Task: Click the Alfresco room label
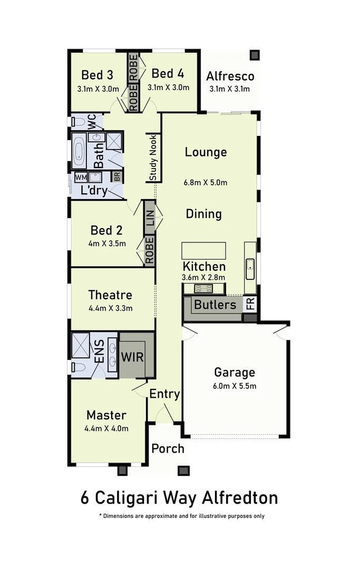coord(230,75)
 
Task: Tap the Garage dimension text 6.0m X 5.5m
coord(235,386)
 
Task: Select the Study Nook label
coord(153,158)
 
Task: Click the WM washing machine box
coord(81,177)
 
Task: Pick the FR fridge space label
coord(250,303)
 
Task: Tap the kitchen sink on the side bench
coord(250,269)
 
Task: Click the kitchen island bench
coord(203,250)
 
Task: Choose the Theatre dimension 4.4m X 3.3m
coord(110,308)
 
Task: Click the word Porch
coord(168,448)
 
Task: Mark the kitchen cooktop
coord(203,288)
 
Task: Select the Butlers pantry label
coord(215,304)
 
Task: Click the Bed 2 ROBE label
coord(149,250)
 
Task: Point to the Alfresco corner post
coord(255,55)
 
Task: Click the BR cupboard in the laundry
coord(116,176)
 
